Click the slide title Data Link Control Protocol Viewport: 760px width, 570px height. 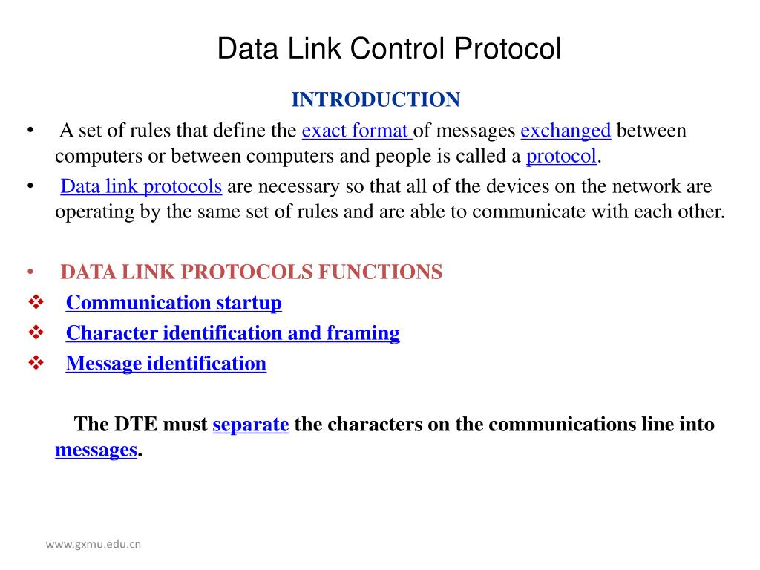[x=389, y=50]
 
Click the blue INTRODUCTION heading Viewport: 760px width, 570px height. [x=376, y=99]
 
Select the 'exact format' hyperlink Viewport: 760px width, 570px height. [x=356, y=131]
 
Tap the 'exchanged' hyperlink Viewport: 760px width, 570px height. [x=566, y=131]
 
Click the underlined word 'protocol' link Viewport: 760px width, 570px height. [x=561, y=157]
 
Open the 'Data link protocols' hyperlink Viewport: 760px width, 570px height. [x=141, y=186]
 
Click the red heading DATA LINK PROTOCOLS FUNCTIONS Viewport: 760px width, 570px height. [x=251, y=272]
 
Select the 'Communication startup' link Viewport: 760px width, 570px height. [x=174, y=303]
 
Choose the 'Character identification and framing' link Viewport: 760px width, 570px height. [x=232, y=333]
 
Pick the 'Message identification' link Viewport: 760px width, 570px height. [x=166, y=364]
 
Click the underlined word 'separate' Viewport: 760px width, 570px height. [x=250, y=425]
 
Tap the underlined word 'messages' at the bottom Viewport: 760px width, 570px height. [x=96, y=450]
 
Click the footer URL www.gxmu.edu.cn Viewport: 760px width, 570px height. [x=94, y=544]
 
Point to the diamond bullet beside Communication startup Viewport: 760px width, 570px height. [x=36, y=303]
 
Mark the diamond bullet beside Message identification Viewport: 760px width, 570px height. [x=36, y=364]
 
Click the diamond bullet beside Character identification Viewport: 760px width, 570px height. [x=36, y=333]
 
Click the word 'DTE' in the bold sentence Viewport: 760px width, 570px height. [x=136, y=425]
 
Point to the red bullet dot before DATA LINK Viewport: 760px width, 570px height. [x=30, y=272]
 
